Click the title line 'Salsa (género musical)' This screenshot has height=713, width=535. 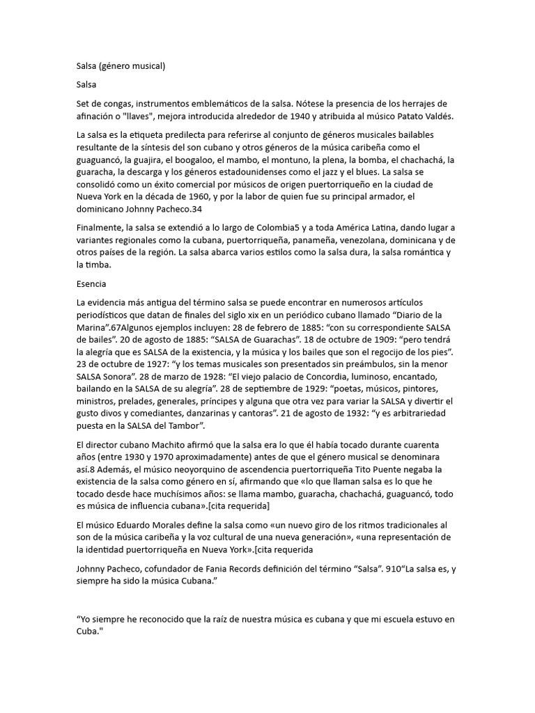point(121,66)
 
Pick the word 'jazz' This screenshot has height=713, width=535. point(319,173)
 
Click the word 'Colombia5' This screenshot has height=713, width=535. point(274,228)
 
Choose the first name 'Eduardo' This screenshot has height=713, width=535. point(144,524)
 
